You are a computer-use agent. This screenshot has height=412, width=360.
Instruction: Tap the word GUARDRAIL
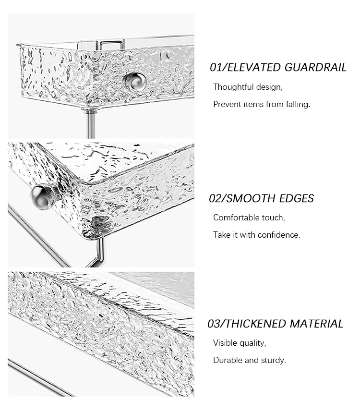click(315, 67)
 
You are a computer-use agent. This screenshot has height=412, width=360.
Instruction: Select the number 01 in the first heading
click(216, 67)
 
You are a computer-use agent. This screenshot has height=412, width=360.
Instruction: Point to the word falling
click(298, 104)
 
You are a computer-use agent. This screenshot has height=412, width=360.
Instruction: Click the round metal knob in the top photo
click(135, 82)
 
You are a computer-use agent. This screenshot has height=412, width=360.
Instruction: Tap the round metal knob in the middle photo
click(43, 196)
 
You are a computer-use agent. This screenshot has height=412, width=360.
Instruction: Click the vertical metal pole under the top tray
click(91, 123)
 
